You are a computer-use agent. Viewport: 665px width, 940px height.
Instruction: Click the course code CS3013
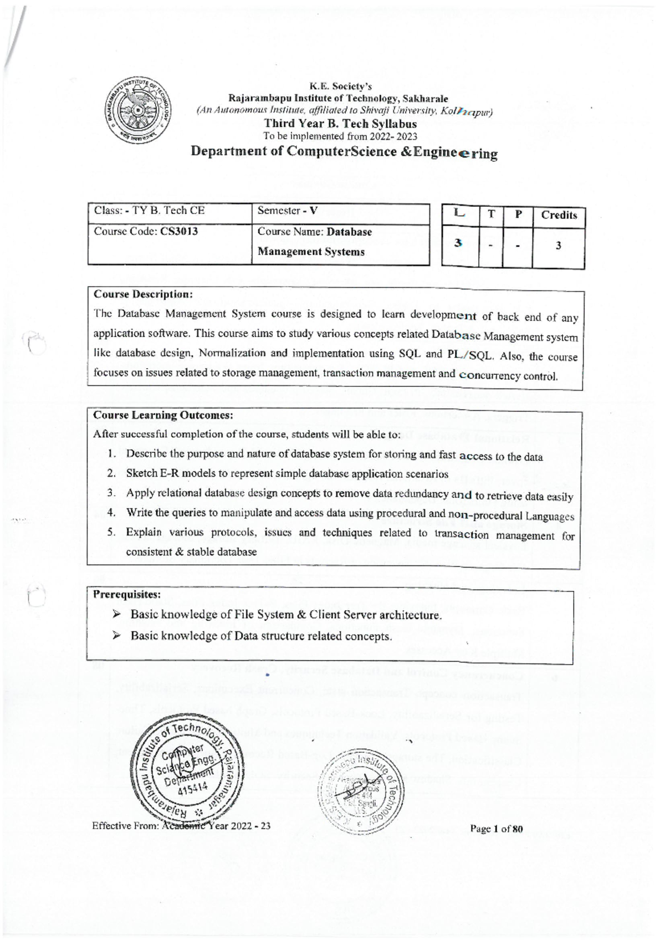pyautogui.click(x=178, y=232)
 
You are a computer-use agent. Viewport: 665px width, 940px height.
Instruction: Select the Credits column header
pyautogui.click(x=559, y=216)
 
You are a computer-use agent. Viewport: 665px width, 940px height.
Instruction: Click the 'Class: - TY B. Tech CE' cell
pyautogui.click(x=149, y=211)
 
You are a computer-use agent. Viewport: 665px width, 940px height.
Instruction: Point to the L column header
pyautogui.click(x=459, y=213)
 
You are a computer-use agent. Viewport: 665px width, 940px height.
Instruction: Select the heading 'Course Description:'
pyautogui.click(x=143, y=294)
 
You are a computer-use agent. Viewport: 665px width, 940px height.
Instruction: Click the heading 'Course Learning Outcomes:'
pyautogui.click(x=163, y=415)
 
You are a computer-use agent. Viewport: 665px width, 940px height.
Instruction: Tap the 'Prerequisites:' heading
pyautogui.click(x=127, y=595)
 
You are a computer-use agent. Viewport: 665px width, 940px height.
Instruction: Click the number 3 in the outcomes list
pyautogui.click(x=111, y=493)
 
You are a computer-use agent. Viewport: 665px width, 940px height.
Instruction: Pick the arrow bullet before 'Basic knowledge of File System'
pyautogui.click(x=116, y=614)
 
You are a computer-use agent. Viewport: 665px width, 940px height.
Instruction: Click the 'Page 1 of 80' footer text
pyautogui.click(x=496, y=829)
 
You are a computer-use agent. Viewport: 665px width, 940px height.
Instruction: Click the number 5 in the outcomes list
pyautogui.click(x=111, y=532)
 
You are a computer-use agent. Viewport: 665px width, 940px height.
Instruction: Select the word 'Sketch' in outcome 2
pyautogui.click(x=142, y=473)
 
